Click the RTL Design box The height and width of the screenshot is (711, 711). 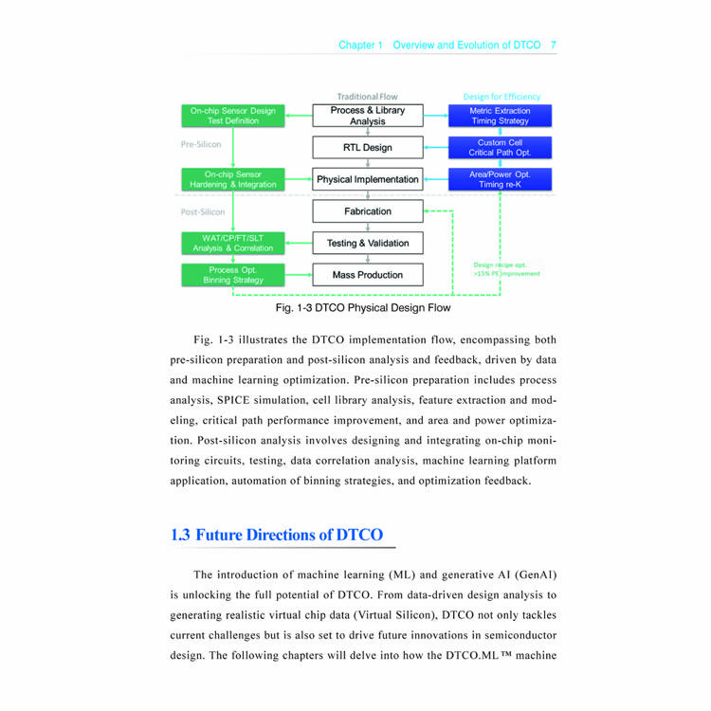click(x=368, y=148)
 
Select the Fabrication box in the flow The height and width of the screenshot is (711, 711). click(x=368, y=211)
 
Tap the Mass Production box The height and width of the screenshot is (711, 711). click(x=368, y=275)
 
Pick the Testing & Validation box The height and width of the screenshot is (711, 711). click(x=368, y=244)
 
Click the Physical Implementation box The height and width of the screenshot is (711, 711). click(x=368, y=179)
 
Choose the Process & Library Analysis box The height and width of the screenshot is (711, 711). click(x=368, y=116)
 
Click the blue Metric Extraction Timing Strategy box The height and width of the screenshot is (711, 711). click(x=500, y=116)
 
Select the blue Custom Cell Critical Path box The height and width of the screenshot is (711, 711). click(x=500, y=148)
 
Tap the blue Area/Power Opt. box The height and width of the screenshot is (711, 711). click(x=500, y=179)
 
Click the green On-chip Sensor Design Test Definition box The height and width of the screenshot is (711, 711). click(x=233, y=116)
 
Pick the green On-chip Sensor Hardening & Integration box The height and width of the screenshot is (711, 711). click(x=233, y=179)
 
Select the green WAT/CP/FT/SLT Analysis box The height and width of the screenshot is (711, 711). click(x=233, y=243)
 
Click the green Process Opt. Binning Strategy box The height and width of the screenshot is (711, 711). click(x=233, y=275)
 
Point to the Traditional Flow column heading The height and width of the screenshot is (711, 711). click(x=368, y=97)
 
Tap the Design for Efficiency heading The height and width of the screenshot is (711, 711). click(x=501, y=97)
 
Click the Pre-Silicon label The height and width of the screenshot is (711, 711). click(x=201, y=145)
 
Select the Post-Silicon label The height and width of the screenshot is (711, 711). click(x=203, y=211)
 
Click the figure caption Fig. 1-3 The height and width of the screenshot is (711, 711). click(x=363, y=308)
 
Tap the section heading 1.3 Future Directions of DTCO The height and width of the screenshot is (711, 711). click(x=277, y=535)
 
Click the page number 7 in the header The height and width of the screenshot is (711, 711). click(x=553, y=45)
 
